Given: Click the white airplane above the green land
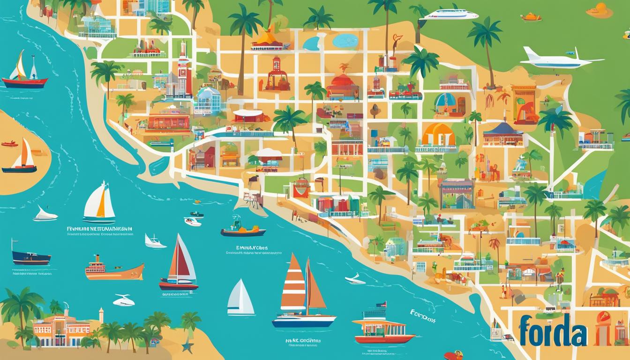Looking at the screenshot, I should click(x=558, y=59).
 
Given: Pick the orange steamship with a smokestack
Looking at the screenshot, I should click(x=114, y=269).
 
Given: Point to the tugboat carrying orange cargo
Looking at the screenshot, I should click(x=243, y=229).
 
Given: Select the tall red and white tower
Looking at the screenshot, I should click(x=183, y=70).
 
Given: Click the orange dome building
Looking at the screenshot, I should click(x=438, y=135).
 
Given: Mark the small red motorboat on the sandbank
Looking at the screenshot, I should click(x=9, y=144).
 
